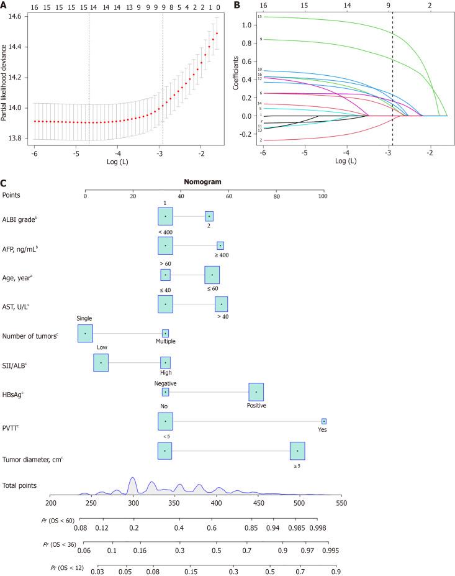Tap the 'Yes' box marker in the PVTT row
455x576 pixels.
tap(323, 421)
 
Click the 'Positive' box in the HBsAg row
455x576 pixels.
tap(256, 392)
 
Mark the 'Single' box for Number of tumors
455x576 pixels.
tap(85, 334)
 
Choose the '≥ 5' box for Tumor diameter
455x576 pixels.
tap(297, 451)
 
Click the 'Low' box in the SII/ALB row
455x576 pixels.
tap(101, 363)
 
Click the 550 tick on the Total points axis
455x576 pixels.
tap(341, 501)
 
